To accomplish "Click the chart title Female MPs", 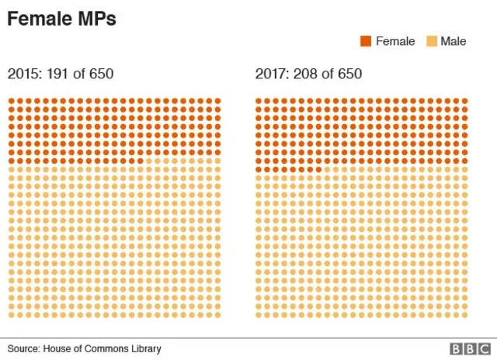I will [62, 19].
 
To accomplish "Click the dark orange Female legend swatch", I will [366, 41].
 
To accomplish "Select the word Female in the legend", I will [395, 41].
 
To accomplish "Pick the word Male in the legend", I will [454, 41].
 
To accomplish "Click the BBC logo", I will [465, 349].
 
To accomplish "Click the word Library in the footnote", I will [144, 349].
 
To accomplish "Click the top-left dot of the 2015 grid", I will [12, 101].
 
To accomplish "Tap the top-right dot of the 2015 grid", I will [217, 101].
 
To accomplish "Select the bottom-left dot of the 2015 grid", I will [12, 315].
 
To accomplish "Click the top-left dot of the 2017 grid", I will [259, 101].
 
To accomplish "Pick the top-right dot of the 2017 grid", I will [465, 101].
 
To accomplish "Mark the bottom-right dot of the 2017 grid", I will [465, 315].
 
